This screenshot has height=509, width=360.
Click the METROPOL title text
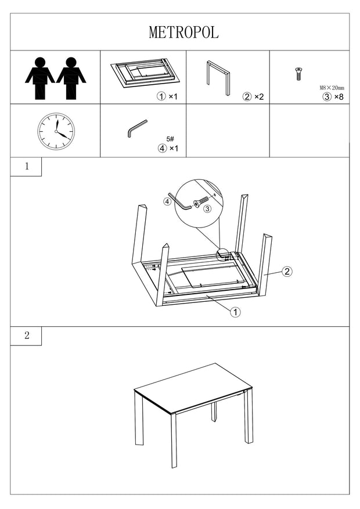183,33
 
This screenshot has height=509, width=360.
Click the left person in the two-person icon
40,78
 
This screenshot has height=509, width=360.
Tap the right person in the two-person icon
71,78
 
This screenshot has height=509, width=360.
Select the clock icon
56,131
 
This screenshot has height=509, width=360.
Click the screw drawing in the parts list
298,74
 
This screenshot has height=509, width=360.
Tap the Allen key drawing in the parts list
137,128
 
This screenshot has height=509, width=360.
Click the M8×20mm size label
332,88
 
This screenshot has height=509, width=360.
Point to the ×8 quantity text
339,97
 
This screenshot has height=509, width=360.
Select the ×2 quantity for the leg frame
259,97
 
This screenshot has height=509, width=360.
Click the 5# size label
170,139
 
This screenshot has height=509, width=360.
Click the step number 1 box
26,167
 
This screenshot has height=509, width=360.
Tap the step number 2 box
26,336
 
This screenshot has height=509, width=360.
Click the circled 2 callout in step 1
286,272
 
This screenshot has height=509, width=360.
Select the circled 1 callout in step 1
235,312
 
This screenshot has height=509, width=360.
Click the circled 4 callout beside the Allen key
167,202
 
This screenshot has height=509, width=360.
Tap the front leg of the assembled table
173,441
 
